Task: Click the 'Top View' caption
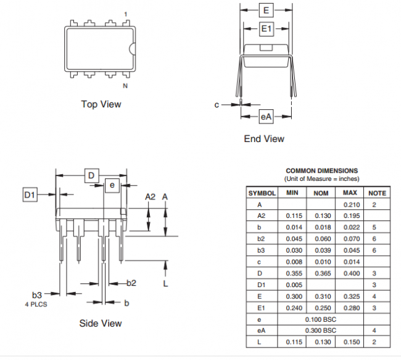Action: click(101, 104)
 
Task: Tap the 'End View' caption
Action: click(264, 139)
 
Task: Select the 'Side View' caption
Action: click(101, 323)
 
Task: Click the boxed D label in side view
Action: click(91, 176)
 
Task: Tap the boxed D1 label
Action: click(30, 195)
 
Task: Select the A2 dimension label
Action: click(150, 197)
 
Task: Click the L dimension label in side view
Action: click(165, 283)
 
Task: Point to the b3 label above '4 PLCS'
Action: click(38, 295)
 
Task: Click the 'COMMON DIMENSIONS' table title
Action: click(321, 170)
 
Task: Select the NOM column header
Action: click(321, 193)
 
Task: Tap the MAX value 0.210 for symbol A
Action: click(350, 204)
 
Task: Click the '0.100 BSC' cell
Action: click(321, 319)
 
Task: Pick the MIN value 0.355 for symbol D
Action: click(294, 273)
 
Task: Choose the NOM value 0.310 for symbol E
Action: click(321, 296)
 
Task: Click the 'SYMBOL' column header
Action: click(262, 193)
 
